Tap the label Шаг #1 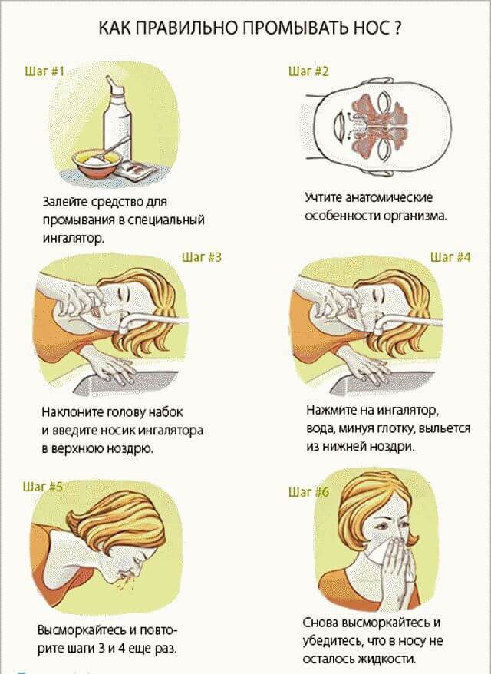44,71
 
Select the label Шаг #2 308,71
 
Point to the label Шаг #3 202,257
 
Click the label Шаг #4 450,257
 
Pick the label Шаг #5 42,487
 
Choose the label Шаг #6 308,491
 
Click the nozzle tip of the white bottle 110,79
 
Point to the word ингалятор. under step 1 74,238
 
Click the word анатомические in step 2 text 390,197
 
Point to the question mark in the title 397,28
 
